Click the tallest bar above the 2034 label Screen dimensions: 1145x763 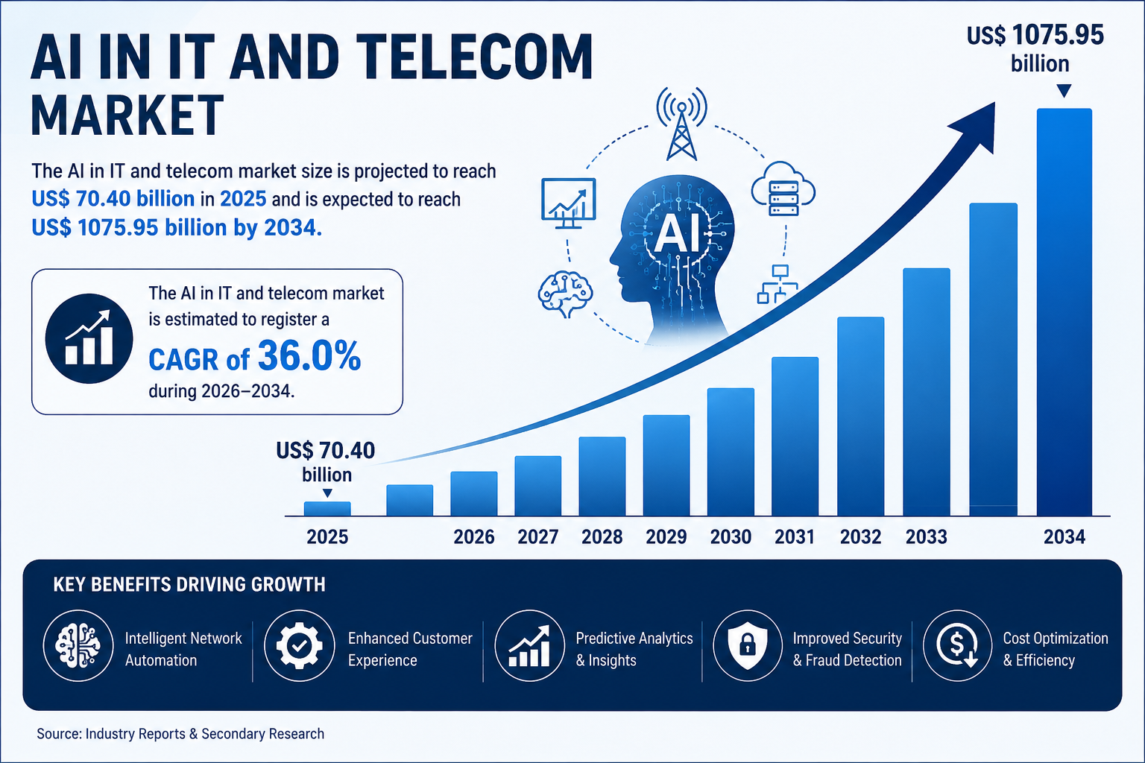tap(1064, 311)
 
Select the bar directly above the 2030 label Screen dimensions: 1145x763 tap(731, 452)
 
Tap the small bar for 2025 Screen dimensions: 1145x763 tap(327, 508)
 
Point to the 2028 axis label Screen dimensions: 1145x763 tap(602, 536)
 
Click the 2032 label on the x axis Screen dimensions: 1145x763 tap(861, 536)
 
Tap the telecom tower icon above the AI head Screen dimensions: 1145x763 tap(682, 124)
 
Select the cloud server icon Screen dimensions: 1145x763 tap(783, 189)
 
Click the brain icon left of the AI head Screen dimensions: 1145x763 tap(565, 294)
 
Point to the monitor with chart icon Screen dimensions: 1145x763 tap(569, 203)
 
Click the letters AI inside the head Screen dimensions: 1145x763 tap(678, 235)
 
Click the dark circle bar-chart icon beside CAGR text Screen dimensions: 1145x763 tap(89, 338)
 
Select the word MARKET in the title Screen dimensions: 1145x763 tap(127, 115)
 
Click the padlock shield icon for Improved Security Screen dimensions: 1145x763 tap(748, 645)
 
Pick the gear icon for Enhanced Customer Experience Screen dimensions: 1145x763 tap(299, 645)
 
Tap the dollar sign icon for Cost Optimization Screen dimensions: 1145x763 tap(957, 645)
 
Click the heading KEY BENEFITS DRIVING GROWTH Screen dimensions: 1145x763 tap(189, 585)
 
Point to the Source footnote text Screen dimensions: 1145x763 tap(180, 734)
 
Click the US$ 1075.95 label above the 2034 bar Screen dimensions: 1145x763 tap(1035, 36)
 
